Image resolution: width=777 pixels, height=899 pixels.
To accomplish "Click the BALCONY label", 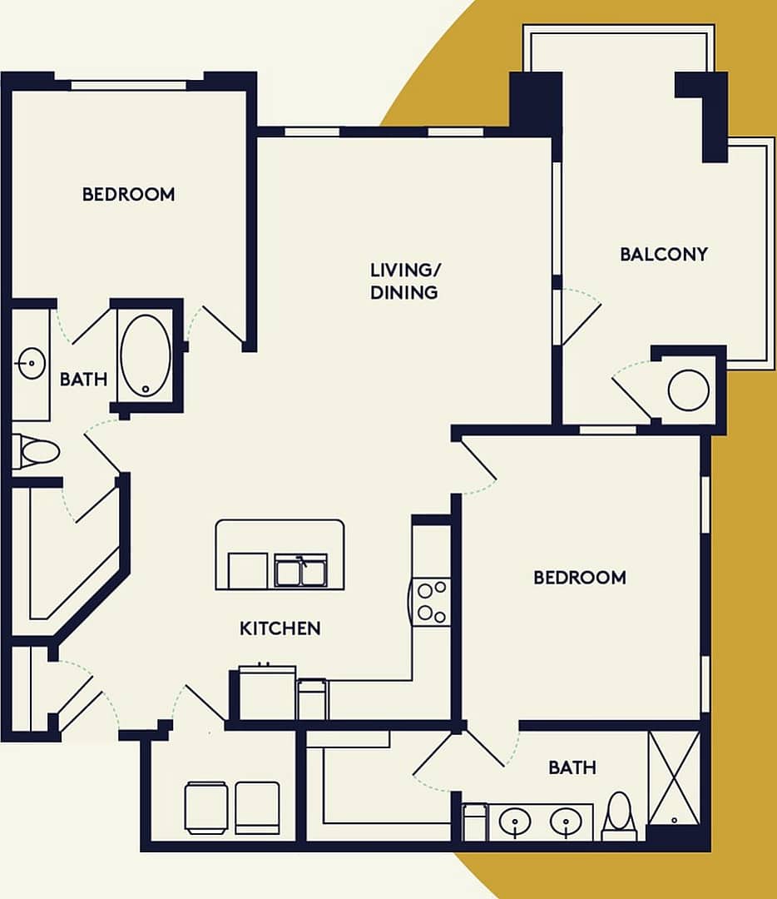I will [x=663, y=254].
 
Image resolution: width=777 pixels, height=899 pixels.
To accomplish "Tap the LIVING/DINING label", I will [x=404, y=281].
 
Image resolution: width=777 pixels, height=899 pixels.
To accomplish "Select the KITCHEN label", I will [x=280, y=628].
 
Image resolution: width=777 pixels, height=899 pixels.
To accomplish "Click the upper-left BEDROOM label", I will [x=128, y=194].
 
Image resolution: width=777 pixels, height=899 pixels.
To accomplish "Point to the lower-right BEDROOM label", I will [x=579, y=577].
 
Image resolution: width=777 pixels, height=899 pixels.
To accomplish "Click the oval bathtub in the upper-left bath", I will [x=146, y=355].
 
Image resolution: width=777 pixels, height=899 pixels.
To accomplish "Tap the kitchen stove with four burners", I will [x=431, y=602].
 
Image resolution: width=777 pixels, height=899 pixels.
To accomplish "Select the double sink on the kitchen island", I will [x=300, y=571].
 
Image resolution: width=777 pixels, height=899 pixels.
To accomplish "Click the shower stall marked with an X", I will [x=673, y=778].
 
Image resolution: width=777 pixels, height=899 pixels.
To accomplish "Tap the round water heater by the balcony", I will [x=688, y=390].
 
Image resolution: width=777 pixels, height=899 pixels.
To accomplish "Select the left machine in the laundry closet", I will [x=205, y=807].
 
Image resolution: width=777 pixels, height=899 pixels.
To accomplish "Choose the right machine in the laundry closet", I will [x=257, y=807].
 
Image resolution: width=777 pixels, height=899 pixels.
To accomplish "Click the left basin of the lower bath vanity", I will [x=516, y=823].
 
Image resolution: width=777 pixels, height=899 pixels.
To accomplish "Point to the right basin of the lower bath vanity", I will [x=566, y=823].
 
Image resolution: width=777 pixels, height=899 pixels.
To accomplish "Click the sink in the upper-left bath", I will [x=31, y=363].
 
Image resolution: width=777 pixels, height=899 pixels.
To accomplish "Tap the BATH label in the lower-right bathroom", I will [x=572, y=767].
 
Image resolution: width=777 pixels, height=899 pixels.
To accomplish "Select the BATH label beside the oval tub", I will [x=83, y=380].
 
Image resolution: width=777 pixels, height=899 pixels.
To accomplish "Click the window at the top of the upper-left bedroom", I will [x=128, y=84].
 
